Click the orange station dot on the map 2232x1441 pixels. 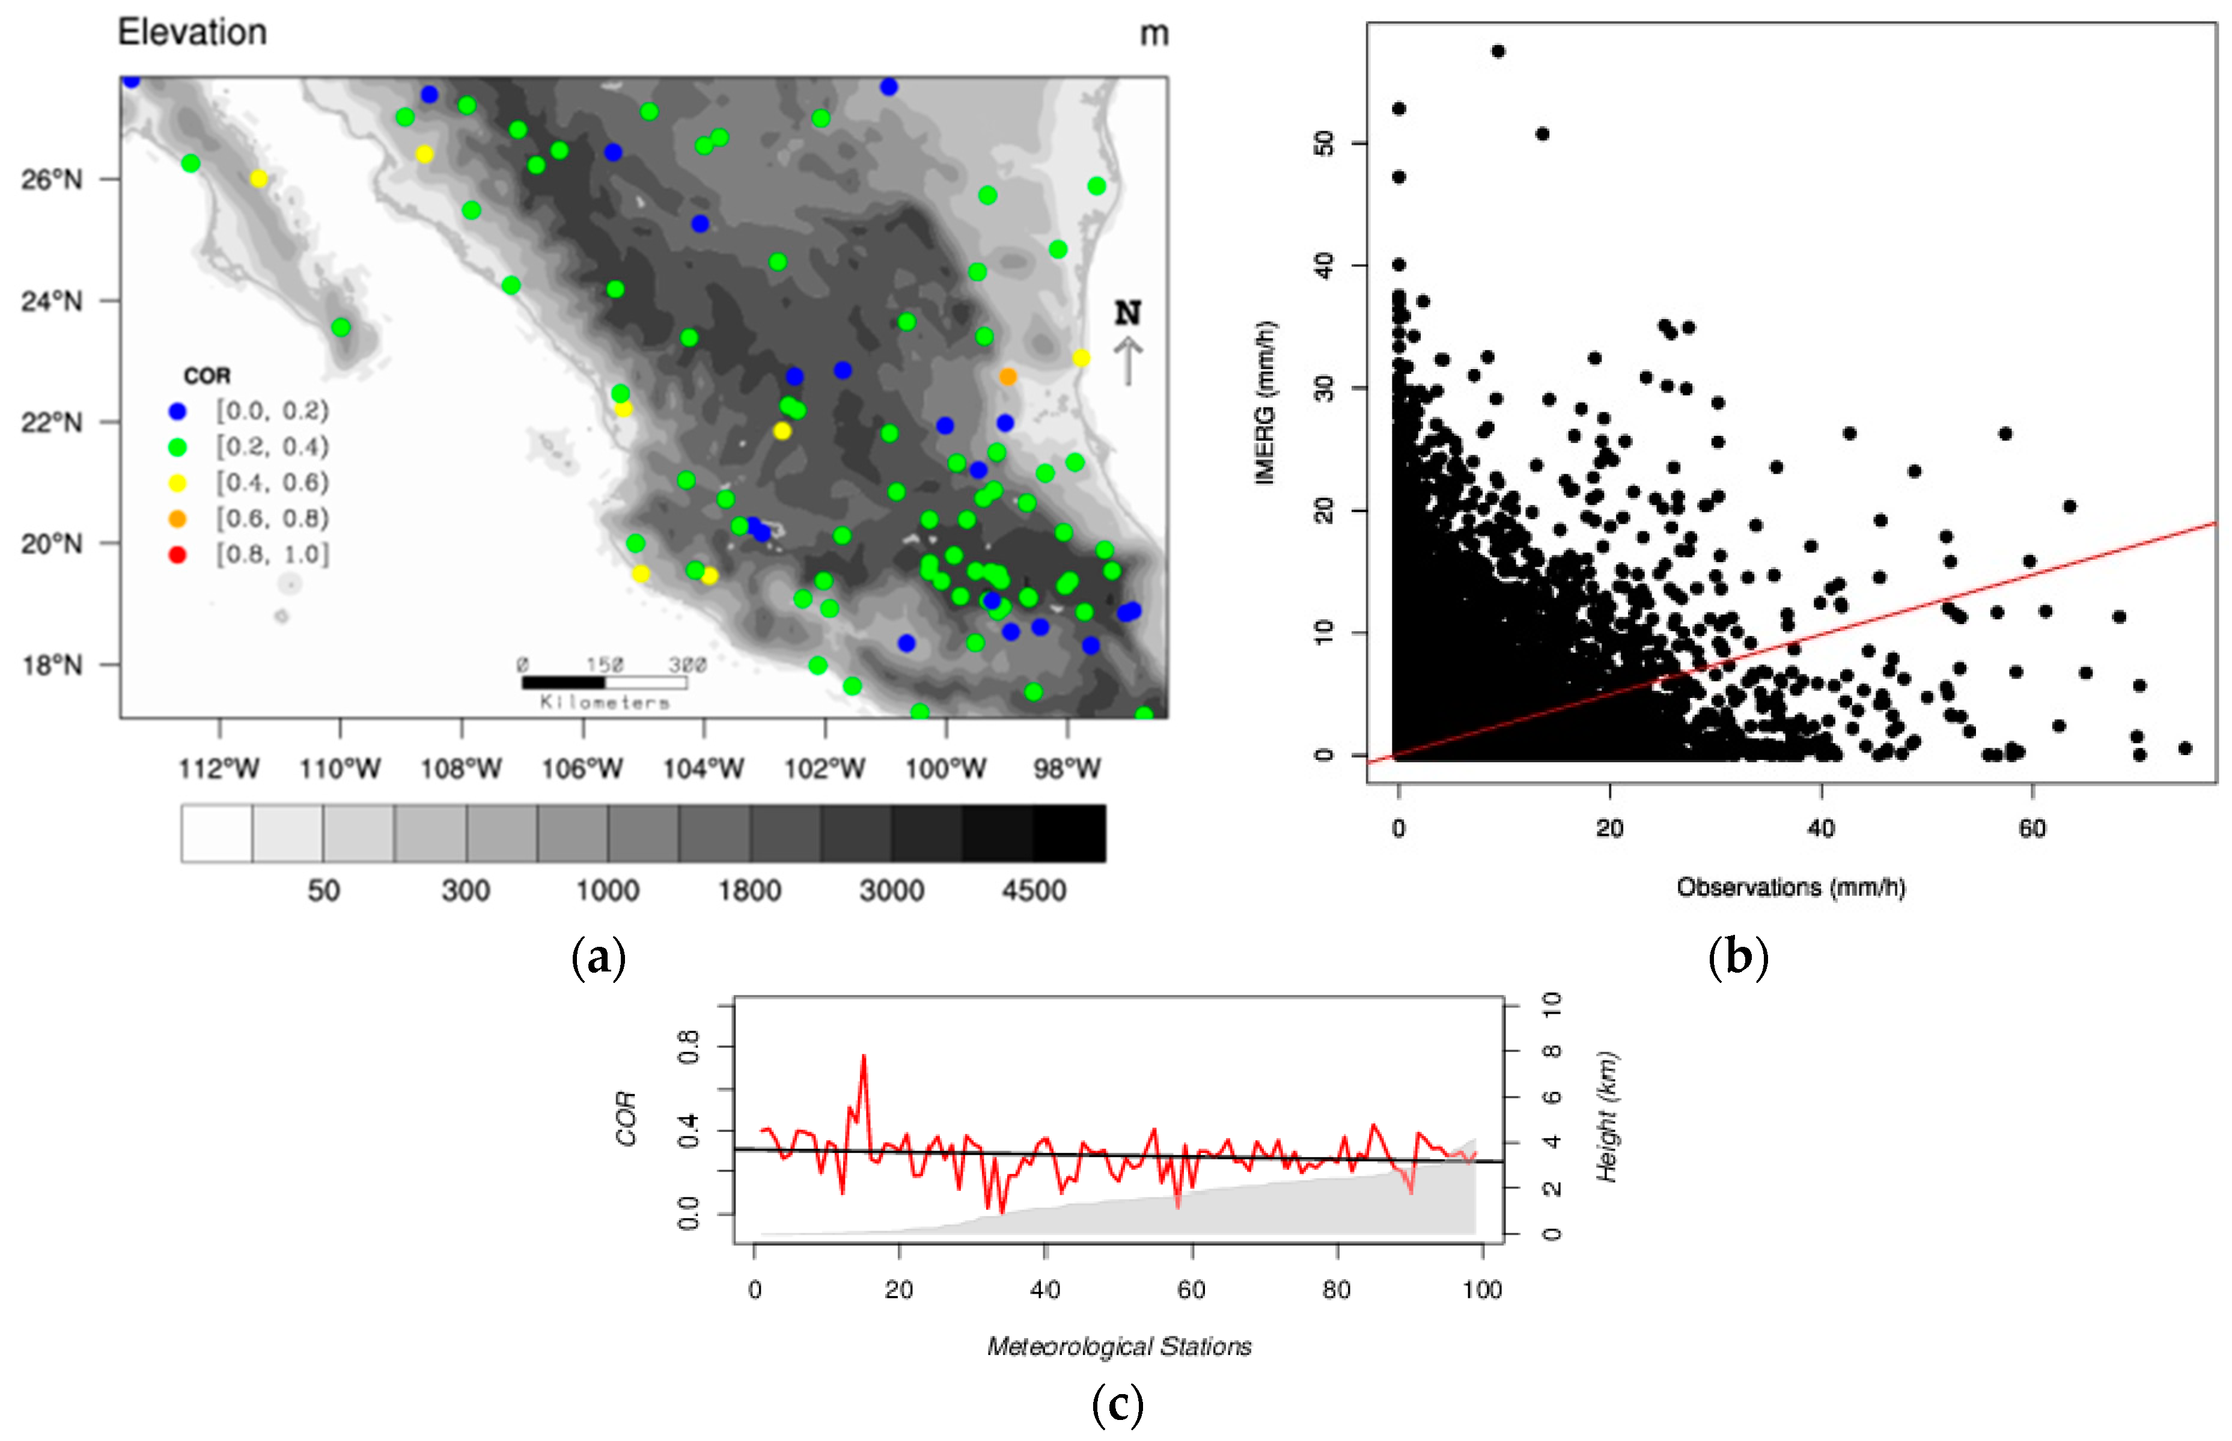[1007, 376]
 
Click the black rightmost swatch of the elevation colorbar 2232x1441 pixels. [1069, 833]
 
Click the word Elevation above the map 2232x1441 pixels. [192, 32]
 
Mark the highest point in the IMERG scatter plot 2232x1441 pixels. [1498, 52]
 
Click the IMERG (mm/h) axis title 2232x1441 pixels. [1264, 402]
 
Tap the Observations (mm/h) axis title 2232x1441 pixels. [1790, 887]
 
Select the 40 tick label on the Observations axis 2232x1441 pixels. [1820, 828]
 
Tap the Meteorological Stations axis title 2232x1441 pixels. [1119, 1347]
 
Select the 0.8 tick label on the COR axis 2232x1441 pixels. [688, 1046]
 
